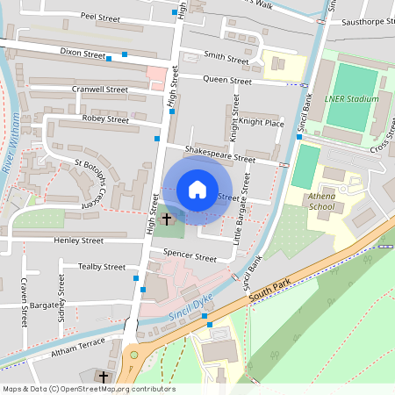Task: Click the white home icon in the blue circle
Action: (197, 189)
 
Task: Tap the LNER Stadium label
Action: (351, 99)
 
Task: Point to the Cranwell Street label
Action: (100, 90)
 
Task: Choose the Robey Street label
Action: (105, 119)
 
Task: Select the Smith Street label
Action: (226, 57)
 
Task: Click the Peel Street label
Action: (100, 17)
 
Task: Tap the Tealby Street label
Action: (102, 267)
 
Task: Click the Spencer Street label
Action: (190, 258)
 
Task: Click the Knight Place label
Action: (262, 123)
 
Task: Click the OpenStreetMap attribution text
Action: (88, 389)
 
